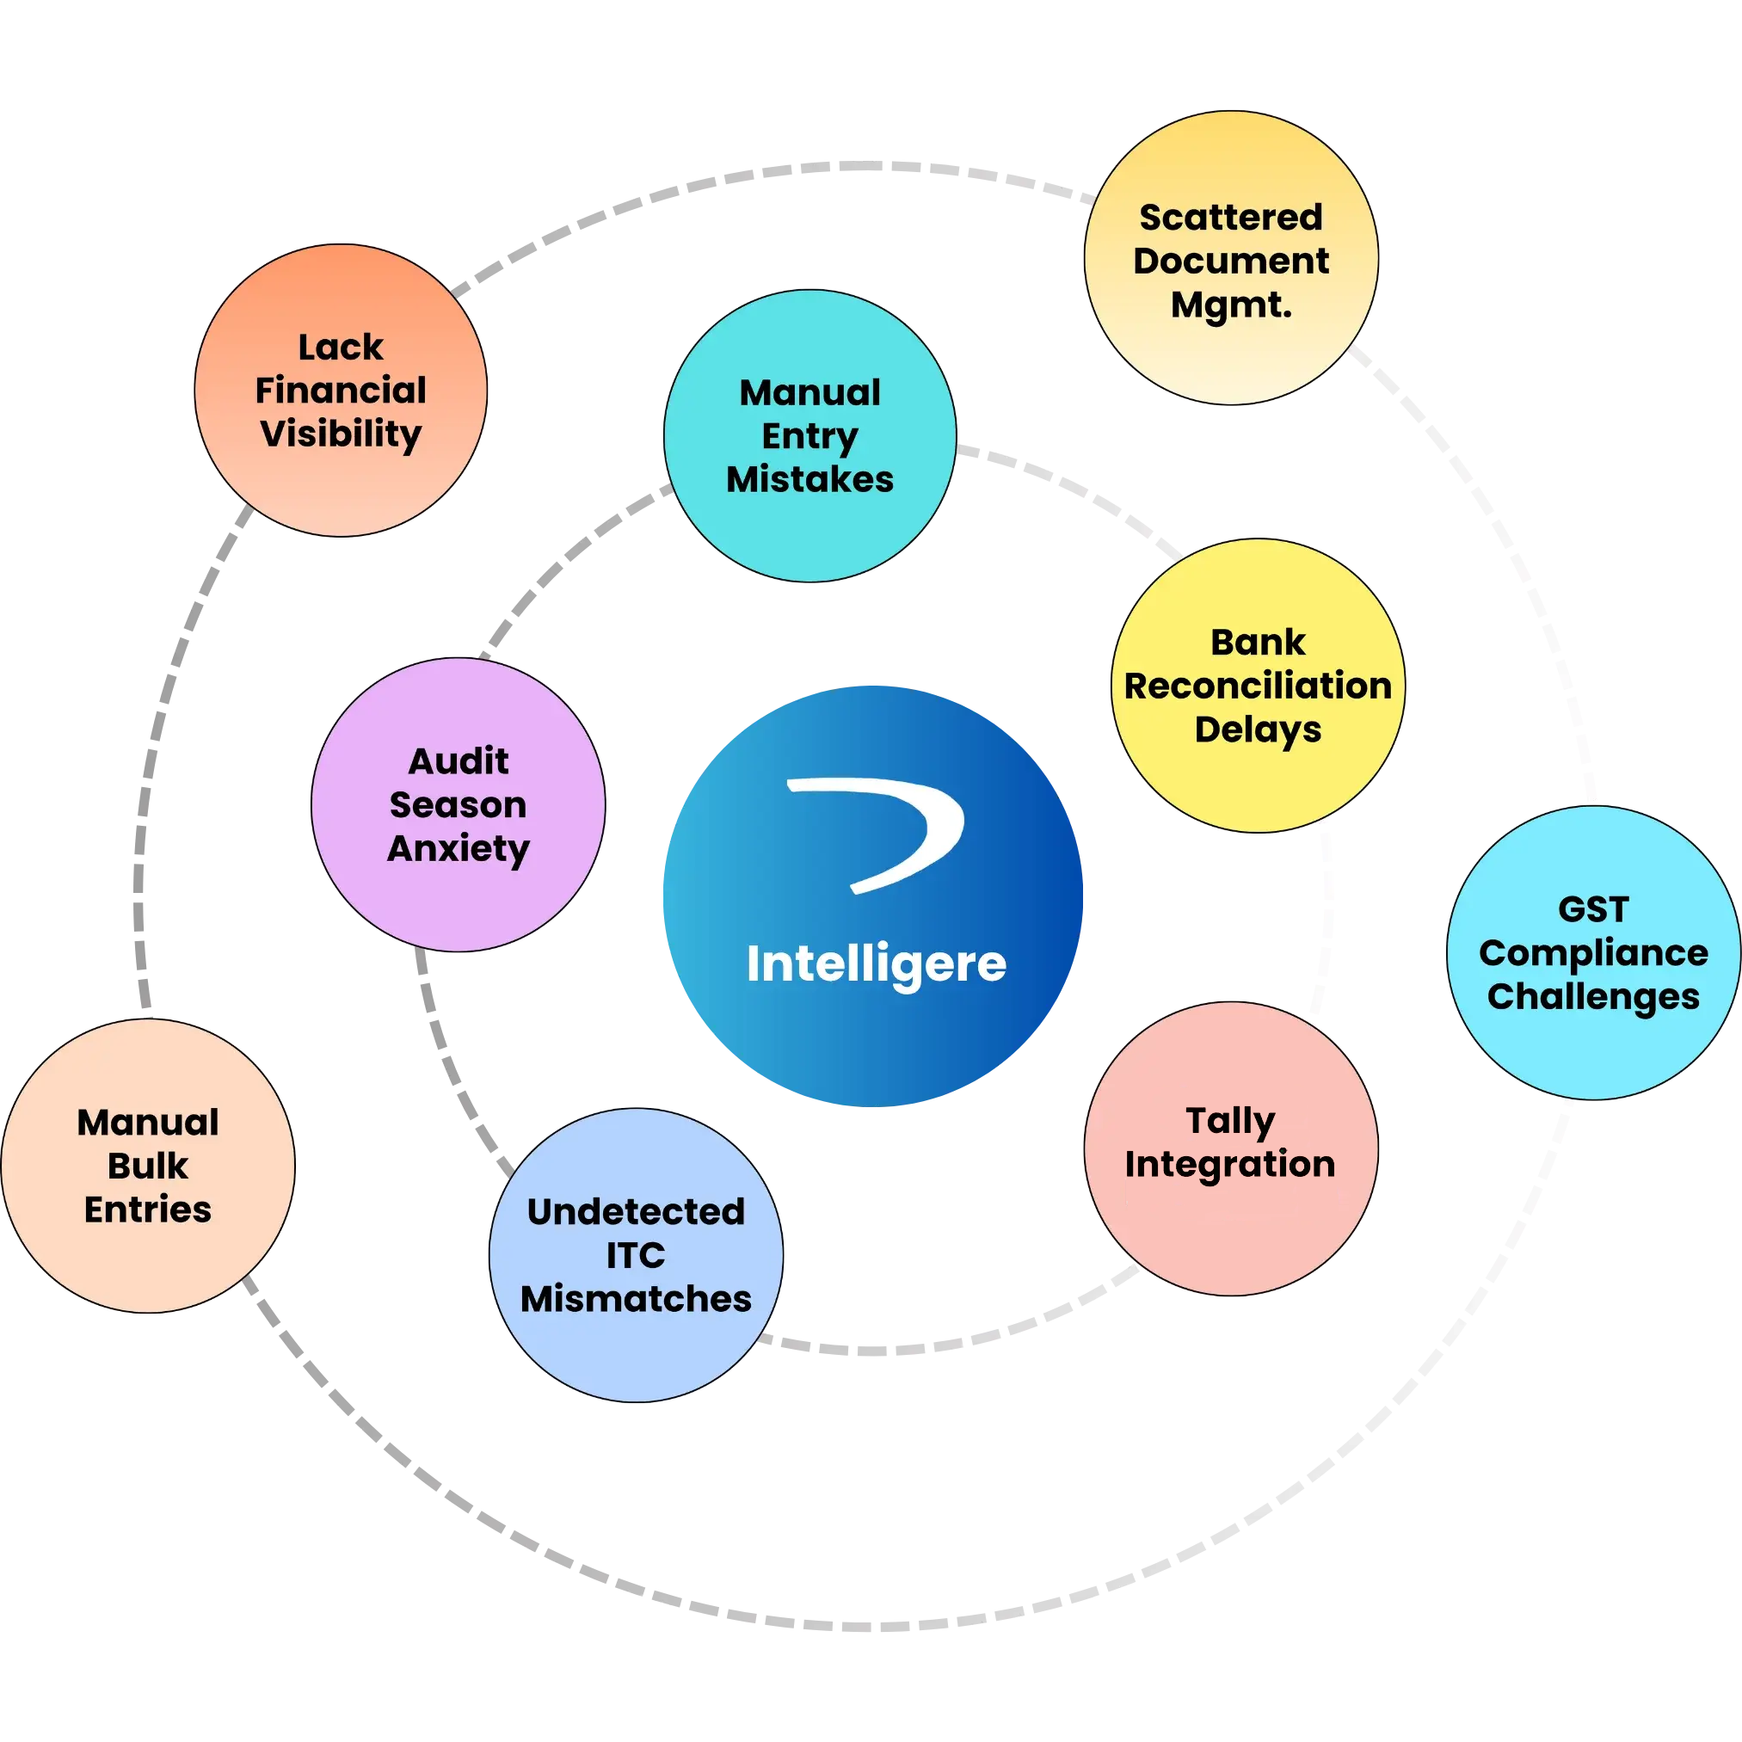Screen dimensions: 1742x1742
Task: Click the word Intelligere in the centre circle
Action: [876, 965]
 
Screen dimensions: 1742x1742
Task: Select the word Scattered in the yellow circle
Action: [1230, 218]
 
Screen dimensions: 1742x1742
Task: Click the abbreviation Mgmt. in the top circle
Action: [1231, 305]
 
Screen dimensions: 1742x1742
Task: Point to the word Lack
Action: [340, 348]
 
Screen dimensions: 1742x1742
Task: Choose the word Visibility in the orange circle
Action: [340, 434]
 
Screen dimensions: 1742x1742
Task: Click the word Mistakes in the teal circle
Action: [809, 479]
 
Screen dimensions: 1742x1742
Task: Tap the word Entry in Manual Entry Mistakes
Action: [809, 435]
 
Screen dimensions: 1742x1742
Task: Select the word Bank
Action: [1257, 643]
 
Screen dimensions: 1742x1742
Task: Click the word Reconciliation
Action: [1257, 686]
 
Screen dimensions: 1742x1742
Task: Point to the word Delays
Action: [1257, 729]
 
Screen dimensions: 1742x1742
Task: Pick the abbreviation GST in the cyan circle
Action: [1592, 910]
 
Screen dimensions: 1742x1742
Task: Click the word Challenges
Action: [1592, 996]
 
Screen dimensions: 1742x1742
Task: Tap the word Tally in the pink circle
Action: [1230, 1122]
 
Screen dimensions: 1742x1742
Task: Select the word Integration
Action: [1230, 1164]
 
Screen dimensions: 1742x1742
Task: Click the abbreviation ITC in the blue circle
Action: [635, 1255]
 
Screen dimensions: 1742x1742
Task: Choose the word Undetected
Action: [635, 1212]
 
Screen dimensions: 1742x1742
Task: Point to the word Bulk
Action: [147, 1166]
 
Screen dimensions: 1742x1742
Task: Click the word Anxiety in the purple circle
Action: [458, 848]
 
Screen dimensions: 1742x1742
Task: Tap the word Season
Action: [458, 805]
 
